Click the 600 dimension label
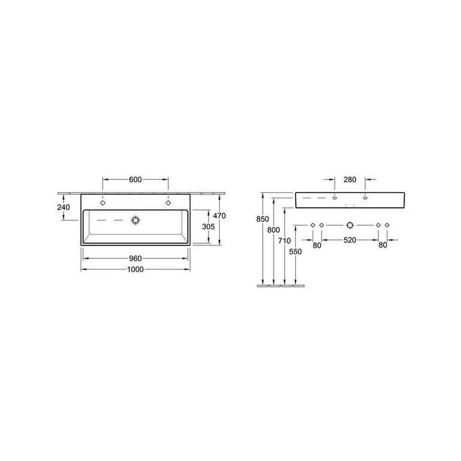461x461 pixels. click(135, 179)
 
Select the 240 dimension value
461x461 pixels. click(64, 207)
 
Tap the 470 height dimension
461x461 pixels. click(219, 215)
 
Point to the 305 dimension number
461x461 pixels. click(208, 226)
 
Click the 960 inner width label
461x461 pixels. click(135, 259)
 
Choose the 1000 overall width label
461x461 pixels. click(135, 269)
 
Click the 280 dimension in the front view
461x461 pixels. click(350, 179)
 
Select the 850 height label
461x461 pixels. click(263, 219)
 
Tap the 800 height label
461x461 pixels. click(273, 230)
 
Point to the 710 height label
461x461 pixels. click(284, 241)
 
